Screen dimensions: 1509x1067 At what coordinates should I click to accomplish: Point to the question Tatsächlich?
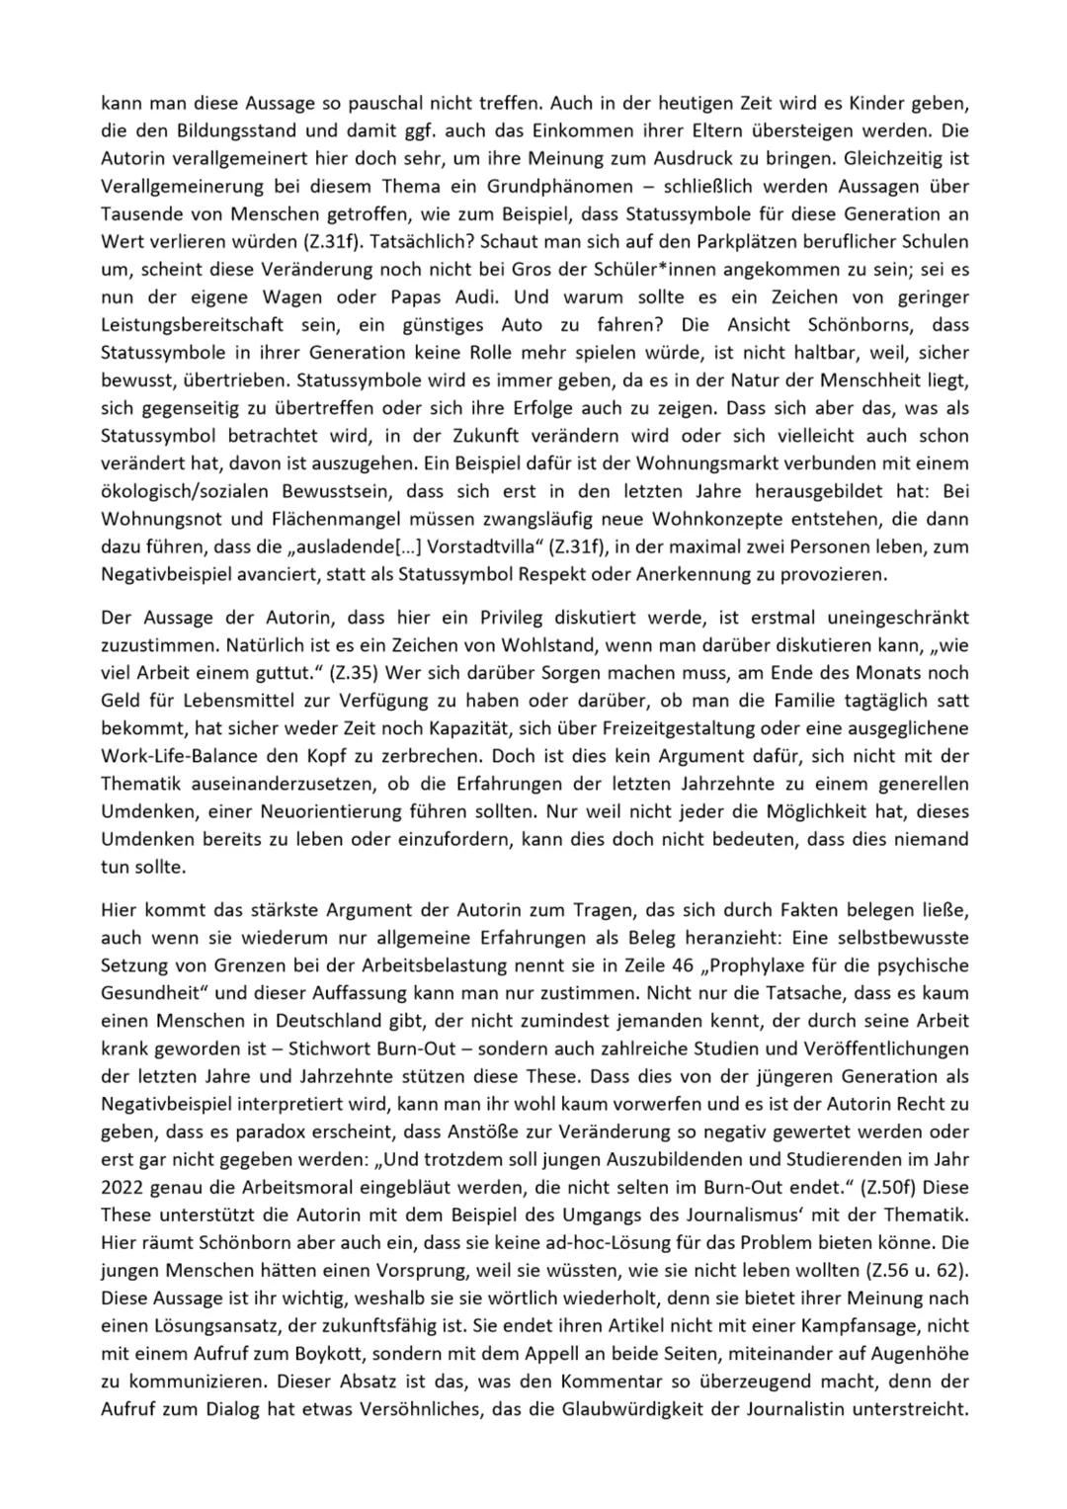[x=383, y=241]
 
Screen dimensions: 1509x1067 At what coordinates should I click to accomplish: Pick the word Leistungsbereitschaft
[x=190, y=324]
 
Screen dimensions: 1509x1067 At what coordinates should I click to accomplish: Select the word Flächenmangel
[x=301, y=518]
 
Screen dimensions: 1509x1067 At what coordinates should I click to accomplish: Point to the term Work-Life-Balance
[x=183, y=756]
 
